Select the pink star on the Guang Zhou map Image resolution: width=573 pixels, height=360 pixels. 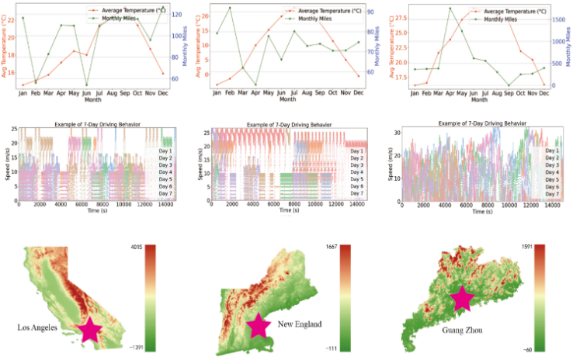point(463,299)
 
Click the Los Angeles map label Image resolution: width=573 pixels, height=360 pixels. point(38,328)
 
